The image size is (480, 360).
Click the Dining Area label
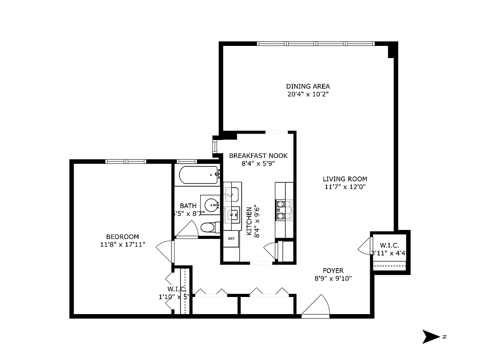(308, 86)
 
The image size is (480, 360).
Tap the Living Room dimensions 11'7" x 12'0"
(345, 187)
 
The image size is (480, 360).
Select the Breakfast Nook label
(258, 156)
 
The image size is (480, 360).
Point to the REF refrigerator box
(232, 238)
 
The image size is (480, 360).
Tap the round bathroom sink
(210, 203)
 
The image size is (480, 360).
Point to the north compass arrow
(431, 337)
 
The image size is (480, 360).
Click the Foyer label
(333, 270)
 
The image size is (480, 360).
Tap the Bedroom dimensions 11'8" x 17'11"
(122, 245)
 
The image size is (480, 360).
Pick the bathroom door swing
(187, 230)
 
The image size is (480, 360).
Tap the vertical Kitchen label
(249, 220)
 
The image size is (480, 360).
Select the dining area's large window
(316, 44)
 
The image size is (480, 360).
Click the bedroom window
(126, 162)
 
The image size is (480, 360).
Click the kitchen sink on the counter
(233, 214)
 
